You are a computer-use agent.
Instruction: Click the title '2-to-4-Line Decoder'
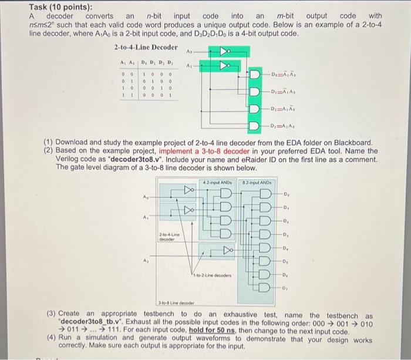coord(145,47)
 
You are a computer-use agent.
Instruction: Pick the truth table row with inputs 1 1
coord(146,94)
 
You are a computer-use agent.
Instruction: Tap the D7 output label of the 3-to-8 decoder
coord(285,288)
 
